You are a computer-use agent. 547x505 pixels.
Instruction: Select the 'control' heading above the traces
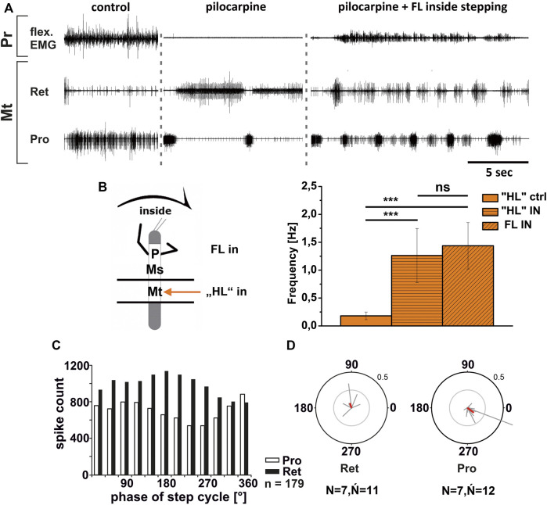coord(110,9)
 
